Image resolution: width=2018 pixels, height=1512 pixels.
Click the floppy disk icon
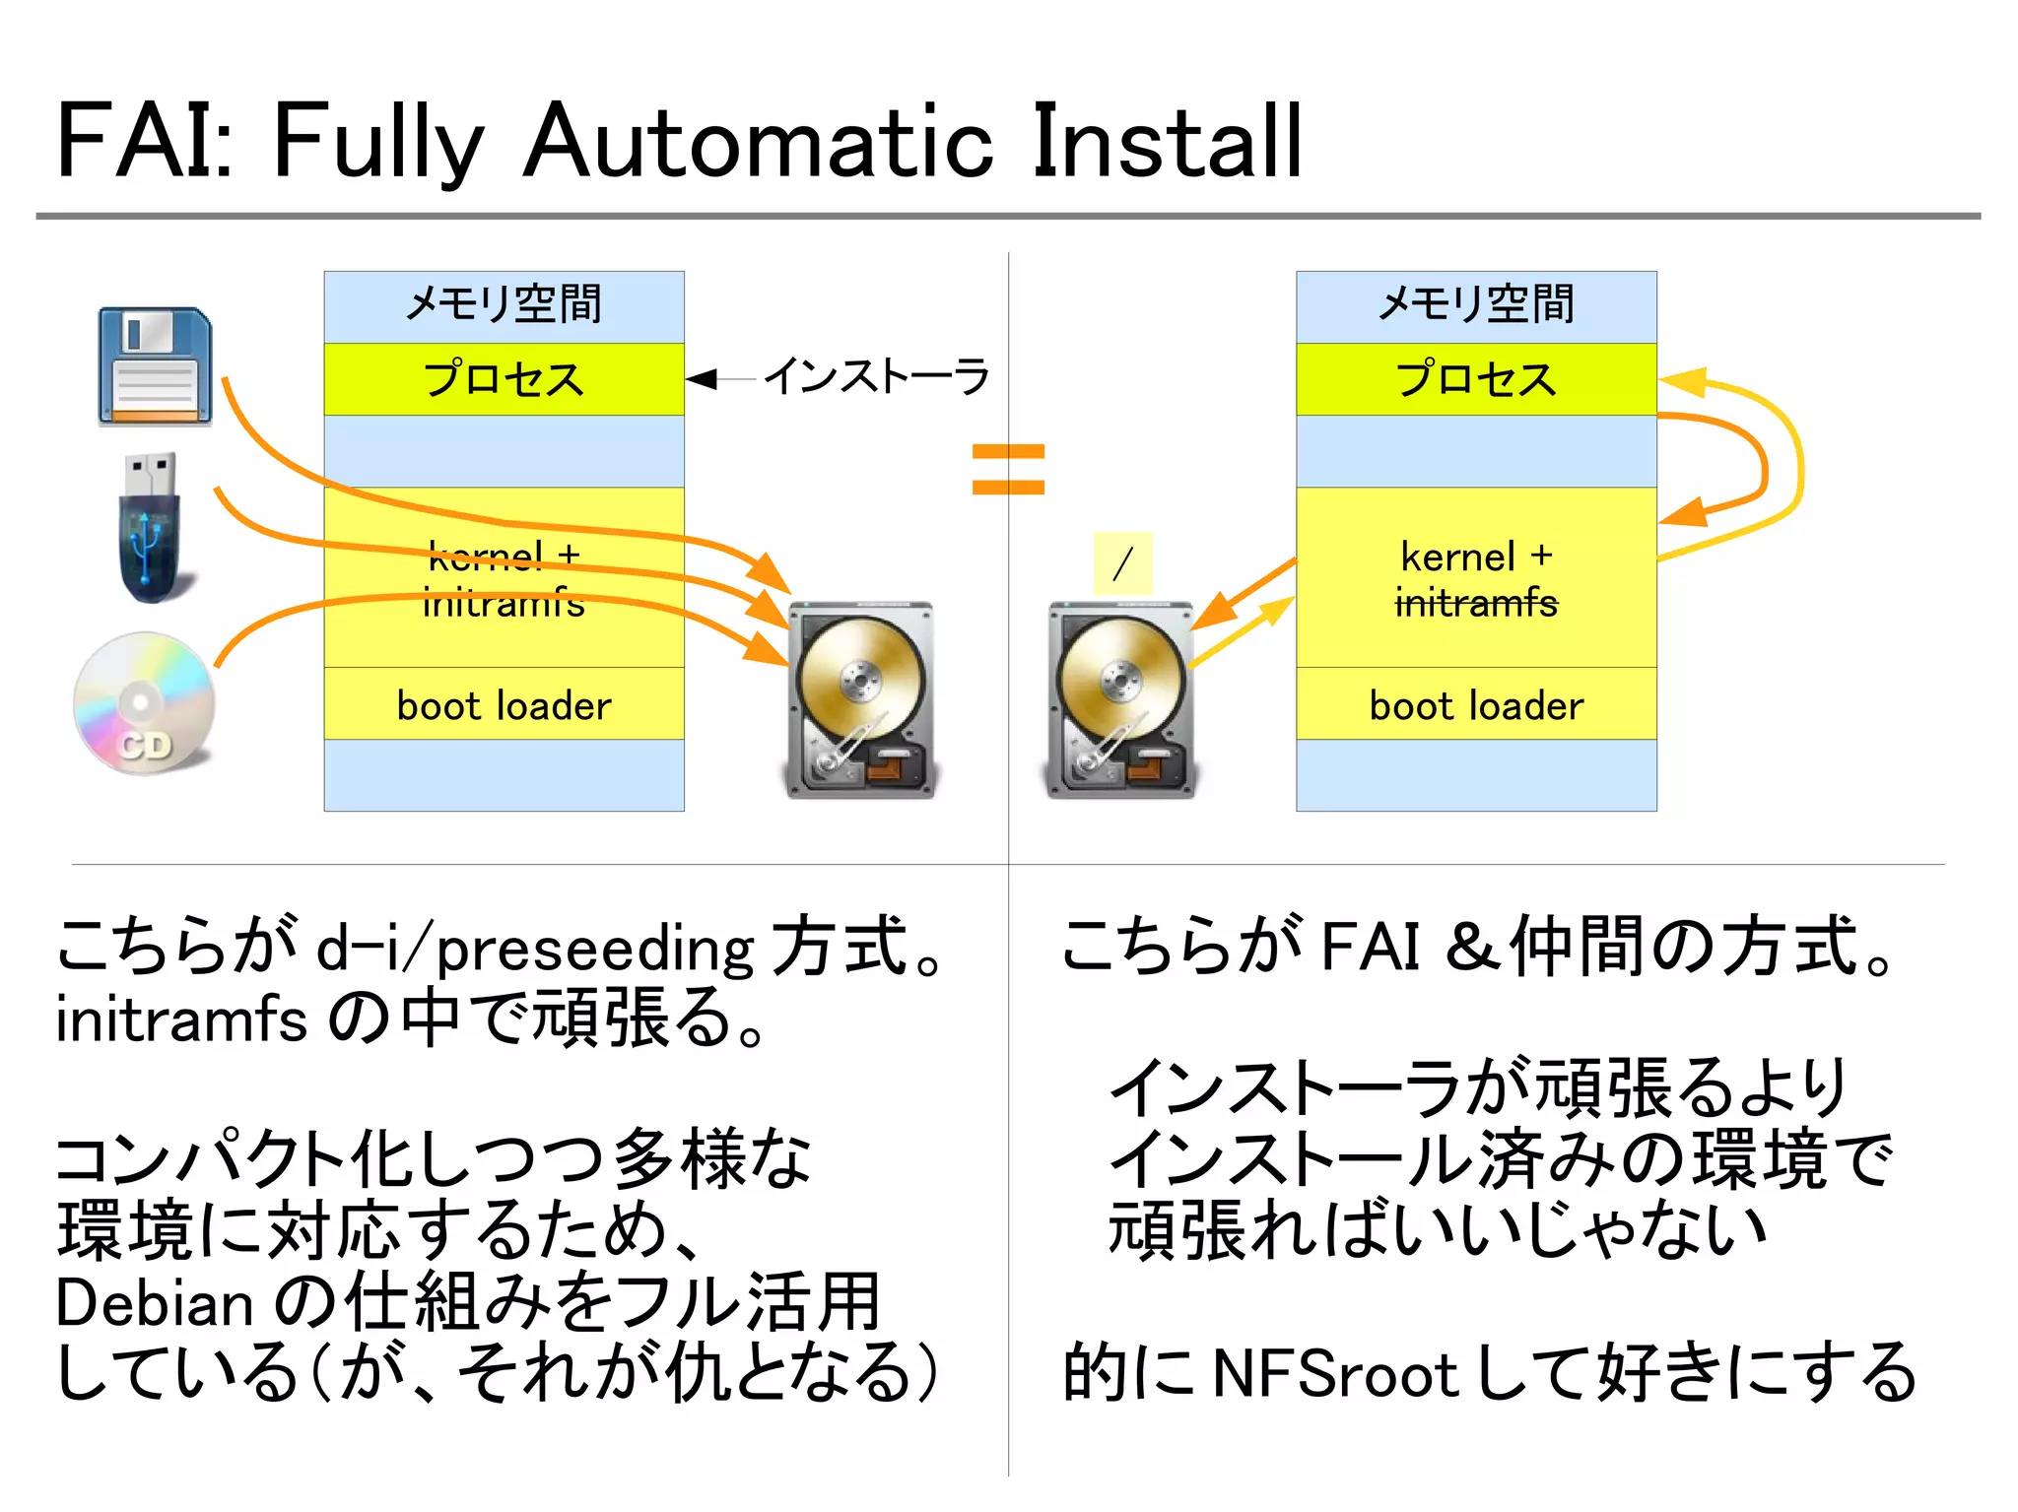click(155, 366)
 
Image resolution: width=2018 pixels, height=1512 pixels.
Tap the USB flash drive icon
click(151, 528)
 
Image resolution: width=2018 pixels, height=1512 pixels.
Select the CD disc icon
click(144, 703)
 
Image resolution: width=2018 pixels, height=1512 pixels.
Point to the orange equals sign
click(1007, 469)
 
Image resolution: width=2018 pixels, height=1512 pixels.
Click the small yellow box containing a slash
click(1122, 563)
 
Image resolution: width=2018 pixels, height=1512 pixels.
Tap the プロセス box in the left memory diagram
click(504, 379)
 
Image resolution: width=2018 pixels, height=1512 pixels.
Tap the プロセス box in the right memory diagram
click(1475, 379)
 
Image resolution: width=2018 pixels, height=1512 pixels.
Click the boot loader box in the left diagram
click(504, 705)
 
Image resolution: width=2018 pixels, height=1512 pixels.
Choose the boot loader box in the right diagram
click(1475, 705)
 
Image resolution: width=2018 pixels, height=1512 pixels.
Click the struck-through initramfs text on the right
click(1475, 602)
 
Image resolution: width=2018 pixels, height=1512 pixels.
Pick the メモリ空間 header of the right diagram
click(1475, 304)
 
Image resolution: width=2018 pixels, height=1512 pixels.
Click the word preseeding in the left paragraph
click(594, 950)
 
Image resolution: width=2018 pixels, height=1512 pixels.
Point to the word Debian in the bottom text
click(155, 1304)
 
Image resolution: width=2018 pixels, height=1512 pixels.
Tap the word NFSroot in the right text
click(1334, 1373)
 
